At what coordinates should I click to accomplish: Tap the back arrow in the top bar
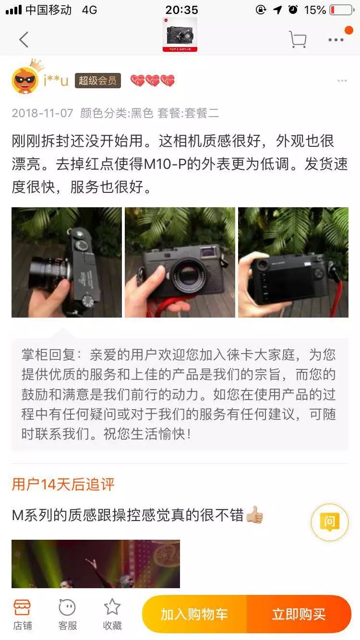(24, 40)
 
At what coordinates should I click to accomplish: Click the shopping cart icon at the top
(298, 39)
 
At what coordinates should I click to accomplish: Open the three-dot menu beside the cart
(336, 40)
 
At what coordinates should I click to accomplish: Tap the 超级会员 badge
(97, 81)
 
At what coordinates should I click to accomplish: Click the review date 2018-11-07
(43, 113)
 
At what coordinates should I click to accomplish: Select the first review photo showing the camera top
(67, 262)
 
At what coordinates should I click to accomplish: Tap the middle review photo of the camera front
(180, 262)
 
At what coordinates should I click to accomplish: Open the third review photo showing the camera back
(293, 262)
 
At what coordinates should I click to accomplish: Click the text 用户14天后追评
(63, 484)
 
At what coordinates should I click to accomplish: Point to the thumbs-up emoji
(254, 516)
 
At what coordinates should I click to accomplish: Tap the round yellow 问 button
(329, 522)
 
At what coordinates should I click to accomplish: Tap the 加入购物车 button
(194, 614)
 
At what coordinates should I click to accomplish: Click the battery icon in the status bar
(341, 10)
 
